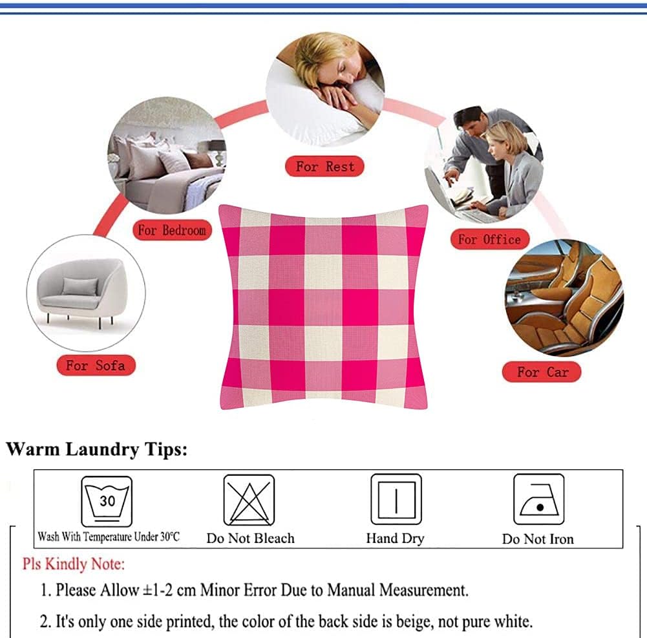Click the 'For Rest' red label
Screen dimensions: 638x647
[x=324, y=167]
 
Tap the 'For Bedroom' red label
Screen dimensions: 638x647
[x=171, y=230]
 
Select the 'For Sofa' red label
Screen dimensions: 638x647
[x=95, y=366]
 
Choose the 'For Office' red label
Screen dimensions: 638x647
[x=489, y=240]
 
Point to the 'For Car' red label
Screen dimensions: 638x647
[x=542, y=372]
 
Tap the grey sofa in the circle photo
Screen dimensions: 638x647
[x=84, y=292]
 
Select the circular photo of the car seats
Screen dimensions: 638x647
[x=564, y=297]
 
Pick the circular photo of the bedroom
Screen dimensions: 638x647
[x=167, y=156]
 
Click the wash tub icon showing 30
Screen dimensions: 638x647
[x=107, y=500]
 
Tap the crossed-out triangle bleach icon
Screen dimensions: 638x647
[x=249, y=500]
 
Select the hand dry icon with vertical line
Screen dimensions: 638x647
[x=396, y=500]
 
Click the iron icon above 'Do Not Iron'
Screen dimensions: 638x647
[x=538, y=500]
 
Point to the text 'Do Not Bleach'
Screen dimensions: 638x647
[x=250, y=538]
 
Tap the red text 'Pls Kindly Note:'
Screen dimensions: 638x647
[x=74, y=564]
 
